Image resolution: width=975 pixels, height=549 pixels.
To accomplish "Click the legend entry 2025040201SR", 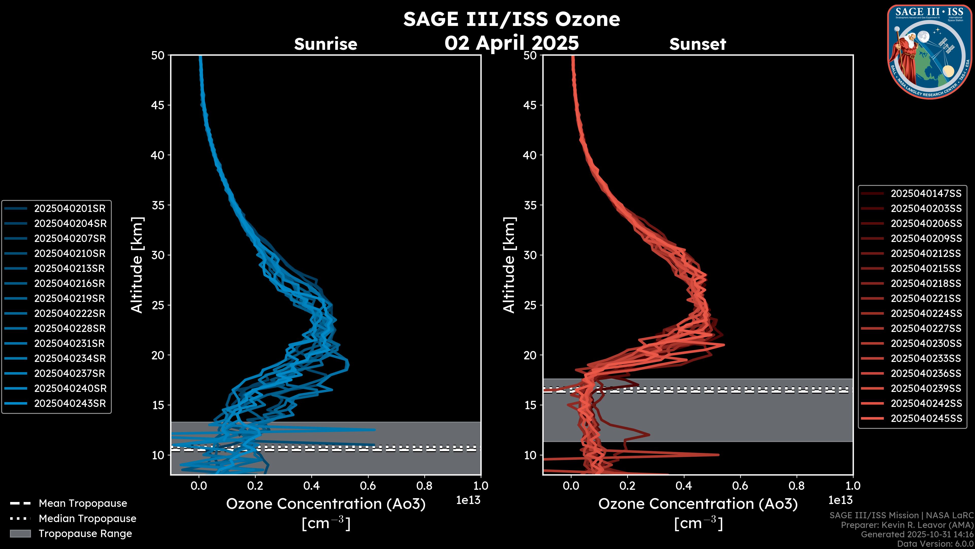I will coord(70,208).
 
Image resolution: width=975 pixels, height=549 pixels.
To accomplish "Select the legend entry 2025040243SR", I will coord(70,404).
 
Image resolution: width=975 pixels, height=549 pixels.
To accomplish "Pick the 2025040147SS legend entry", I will coord(926,194).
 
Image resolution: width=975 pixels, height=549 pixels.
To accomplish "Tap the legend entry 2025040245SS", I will coord(926,418).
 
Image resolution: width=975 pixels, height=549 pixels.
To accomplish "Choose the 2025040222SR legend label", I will coord(70,313).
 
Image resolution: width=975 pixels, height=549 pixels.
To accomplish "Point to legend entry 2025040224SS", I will coord(926,313).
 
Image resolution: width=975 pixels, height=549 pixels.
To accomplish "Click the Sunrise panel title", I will coord(326,44).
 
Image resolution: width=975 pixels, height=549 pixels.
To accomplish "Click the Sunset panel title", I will coord(697,44).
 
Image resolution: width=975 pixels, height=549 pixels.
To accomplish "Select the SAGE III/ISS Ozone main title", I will coord(511,19).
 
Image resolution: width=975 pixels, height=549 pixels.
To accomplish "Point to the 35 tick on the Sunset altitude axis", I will coord(530,205).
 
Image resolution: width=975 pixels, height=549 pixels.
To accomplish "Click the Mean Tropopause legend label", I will coord(83,503).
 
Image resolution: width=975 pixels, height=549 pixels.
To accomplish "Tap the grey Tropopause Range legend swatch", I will coord(20,533).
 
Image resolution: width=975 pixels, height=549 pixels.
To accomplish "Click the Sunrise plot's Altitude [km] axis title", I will coord(137,265).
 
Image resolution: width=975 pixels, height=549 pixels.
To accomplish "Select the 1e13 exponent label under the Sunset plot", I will coord(840,500).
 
